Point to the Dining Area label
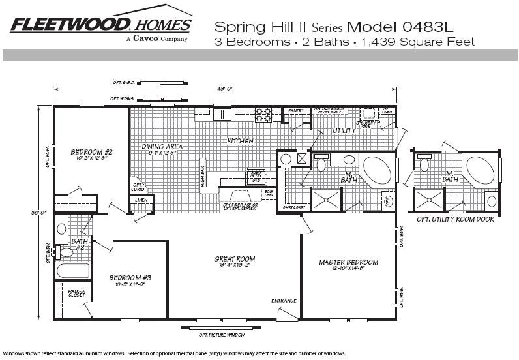coord(162,147)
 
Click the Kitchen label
coord(239,141)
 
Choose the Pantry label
coord(296,111)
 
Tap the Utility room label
coord(344,130)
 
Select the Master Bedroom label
coord(348,263)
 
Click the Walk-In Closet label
coord(76,293)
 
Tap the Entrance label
coord(284,301)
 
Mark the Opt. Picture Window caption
coord(221,335)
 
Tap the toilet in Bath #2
coord(65,252)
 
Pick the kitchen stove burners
coord(263,115)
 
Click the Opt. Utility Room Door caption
coord(454,219)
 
